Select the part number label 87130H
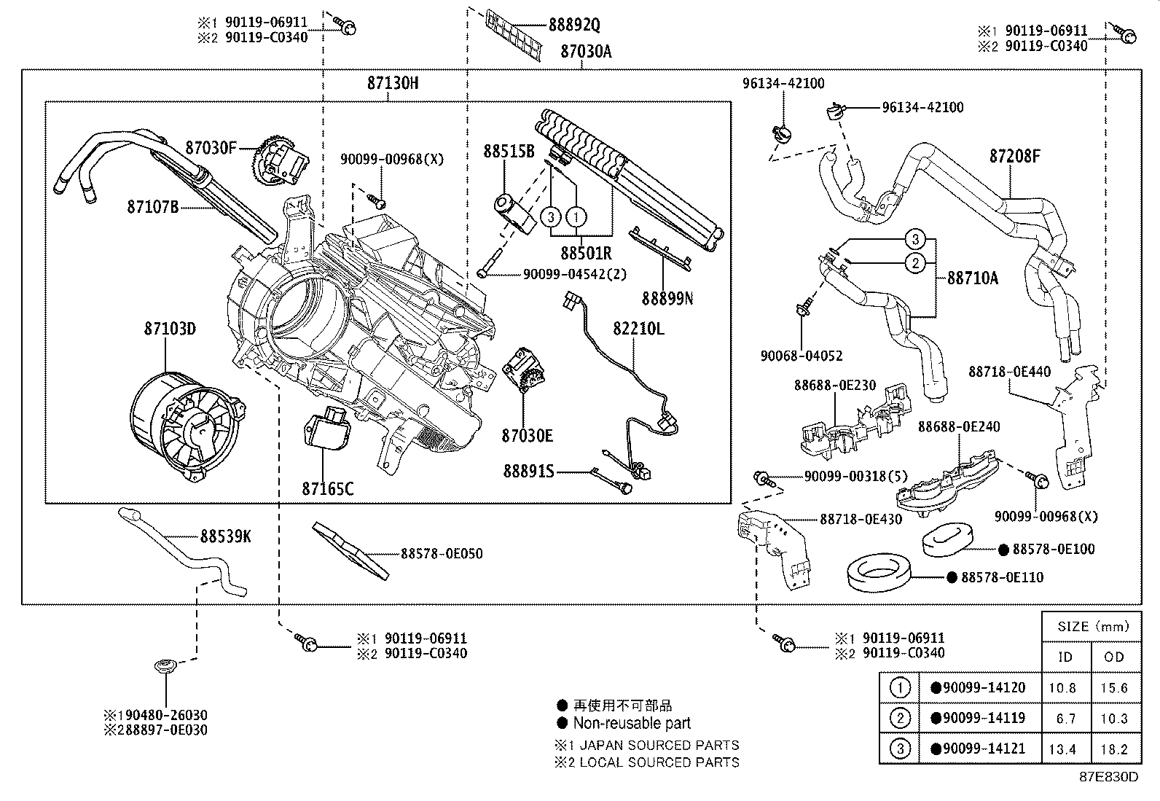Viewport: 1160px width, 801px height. click(393, 83)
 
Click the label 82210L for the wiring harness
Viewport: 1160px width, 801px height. click(638, 329)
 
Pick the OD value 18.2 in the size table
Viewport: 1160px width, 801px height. click(1114, 749)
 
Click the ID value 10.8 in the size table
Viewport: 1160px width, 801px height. click(1065, 687)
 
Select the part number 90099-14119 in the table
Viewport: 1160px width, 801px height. click(978, 718)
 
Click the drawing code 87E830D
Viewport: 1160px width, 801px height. click(1108, 776)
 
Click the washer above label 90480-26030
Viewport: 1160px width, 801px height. click(165, 666)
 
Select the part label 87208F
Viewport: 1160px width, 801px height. click(1014, 155)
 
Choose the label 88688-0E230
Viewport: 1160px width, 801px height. click(834, 386)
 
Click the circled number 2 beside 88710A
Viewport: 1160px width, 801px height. click(916, 263)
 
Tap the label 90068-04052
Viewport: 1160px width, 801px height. click(802, 356)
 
